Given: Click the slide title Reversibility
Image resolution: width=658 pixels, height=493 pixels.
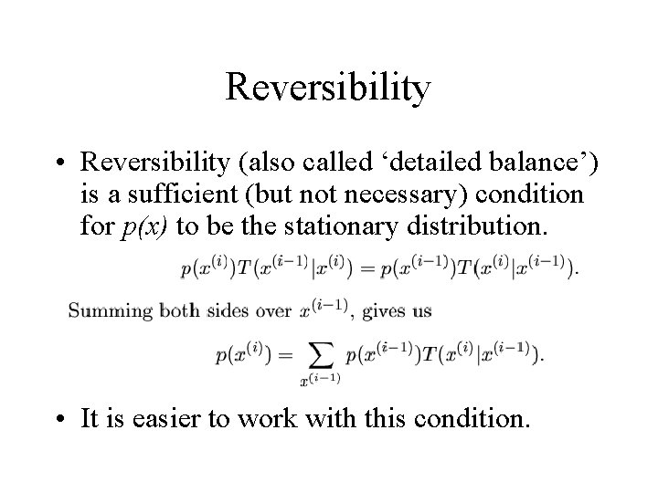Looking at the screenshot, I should tap(328, 89).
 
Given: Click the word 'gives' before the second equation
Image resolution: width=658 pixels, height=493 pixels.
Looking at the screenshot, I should tap(384, 310).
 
